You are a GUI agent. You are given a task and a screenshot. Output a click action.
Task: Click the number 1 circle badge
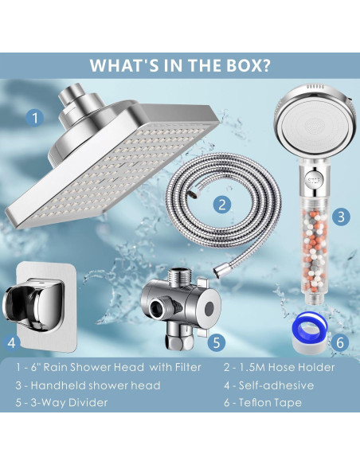coord(35,117)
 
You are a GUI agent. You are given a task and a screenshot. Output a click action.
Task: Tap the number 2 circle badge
coord(222,205)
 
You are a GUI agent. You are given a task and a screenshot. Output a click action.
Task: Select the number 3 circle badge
coord(341,217)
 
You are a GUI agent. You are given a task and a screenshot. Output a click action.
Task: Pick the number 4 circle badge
coord(11,343)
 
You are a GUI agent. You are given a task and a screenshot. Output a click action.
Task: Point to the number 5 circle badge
coord(216,342)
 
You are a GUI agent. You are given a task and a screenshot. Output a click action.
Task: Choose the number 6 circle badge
coord(340,343)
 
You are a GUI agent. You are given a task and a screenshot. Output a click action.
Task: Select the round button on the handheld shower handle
coord(314,180)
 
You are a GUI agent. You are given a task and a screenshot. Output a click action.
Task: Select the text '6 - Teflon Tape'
coord(263,402)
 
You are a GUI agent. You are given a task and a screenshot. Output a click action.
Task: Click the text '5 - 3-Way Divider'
coord(61,402)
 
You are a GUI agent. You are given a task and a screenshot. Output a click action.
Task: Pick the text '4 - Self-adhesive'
coord(268,385)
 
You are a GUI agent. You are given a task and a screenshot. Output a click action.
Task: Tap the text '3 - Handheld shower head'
coord(88,385)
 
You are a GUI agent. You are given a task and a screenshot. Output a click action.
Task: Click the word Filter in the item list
coord(188,367)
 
